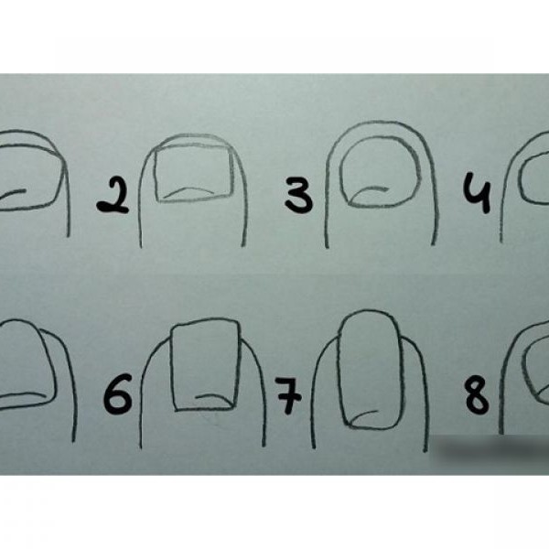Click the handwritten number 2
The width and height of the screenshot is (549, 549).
pos(113,196)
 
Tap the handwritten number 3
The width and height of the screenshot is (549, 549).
pos(298,195)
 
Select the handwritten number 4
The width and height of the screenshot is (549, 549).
pos(477,192)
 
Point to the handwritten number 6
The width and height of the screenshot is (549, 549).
pos(118,393)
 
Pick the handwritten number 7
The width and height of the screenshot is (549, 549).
pos(288,395)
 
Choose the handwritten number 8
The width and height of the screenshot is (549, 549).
pos(477,397)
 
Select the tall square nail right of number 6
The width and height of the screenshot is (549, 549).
pos(172,364)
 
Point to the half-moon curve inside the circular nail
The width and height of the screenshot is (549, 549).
pos(369,191)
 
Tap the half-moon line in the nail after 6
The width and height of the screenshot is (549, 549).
pos(213,397)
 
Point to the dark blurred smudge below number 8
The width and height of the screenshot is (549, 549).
pos(490,449)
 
